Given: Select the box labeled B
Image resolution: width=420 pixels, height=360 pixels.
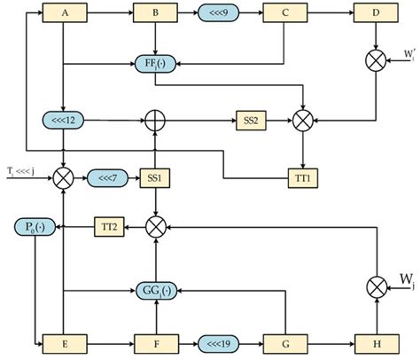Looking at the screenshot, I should pos(155,14).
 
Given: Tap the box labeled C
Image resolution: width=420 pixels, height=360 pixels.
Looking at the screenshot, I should pos(284,14).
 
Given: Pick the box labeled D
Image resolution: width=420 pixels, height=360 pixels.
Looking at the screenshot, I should pos(375,14).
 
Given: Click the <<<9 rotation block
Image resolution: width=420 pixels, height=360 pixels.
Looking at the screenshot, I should pos(219,14).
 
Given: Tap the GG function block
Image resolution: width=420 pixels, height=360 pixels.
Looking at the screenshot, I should pos(155,290).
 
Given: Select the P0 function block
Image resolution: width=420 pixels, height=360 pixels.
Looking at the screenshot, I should pos(33,229).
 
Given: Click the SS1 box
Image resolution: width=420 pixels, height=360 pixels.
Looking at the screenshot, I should pos(155,178).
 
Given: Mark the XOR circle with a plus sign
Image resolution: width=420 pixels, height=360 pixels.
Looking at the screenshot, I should pos(156,119).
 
